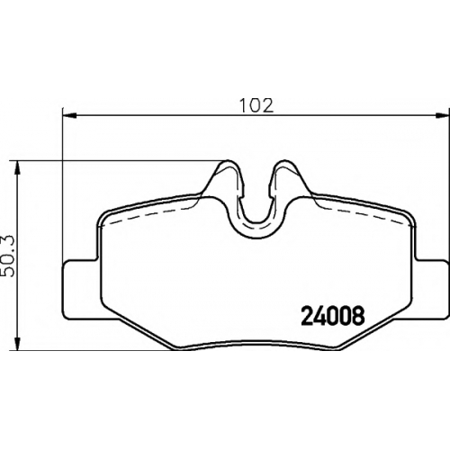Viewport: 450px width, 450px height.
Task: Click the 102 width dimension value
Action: [256, 105]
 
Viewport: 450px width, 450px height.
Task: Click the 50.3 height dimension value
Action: [8, 256]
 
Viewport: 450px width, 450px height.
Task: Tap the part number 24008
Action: [333, 316]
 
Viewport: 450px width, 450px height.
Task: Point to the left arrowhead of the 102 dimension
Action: [69, 114]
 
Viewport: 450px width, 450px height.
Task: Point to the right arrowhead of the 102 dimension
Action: [442, 114]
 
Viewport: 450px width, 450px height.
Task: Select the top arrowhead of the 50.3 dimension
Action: [18, 168]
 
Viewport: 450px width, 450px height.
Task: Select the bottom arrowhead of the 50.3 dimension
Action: [18, 343]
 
